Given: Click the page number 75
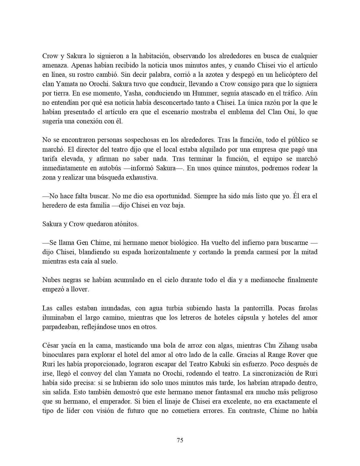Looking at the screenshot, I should [x=180, y=440].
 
